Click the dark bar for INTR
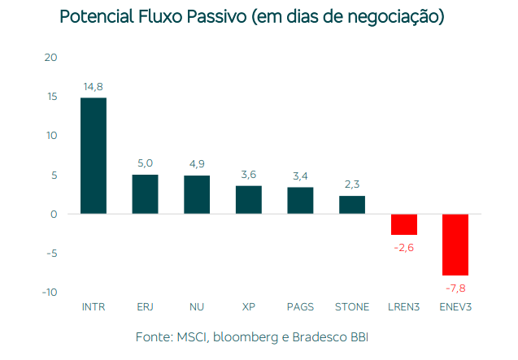[x=94, y=156]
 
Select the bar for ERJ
[x=145, y=194]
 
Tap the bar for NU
[x=197, y=195]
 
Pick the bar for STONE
[x=352, y=205]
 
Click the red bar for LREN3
[x=404, y=224]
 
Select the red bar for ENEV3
[x=455, y=245]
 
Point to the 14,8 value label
[x=94, y=87]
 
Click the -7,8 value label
[x=455, y=288]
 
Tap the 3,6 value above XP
[x=249, y=174]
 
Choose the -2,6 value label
[x=404, y=247]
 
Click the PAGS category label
[x=300, y=307]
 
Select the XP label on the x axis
[x=249, y=307]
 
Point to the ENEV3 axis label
[x=455, y=307]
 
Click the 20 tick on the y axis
[x=51, y=58]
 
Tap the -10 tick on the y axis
[x=50, y=293]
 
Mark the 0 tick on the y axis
[x=54, y=215]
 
